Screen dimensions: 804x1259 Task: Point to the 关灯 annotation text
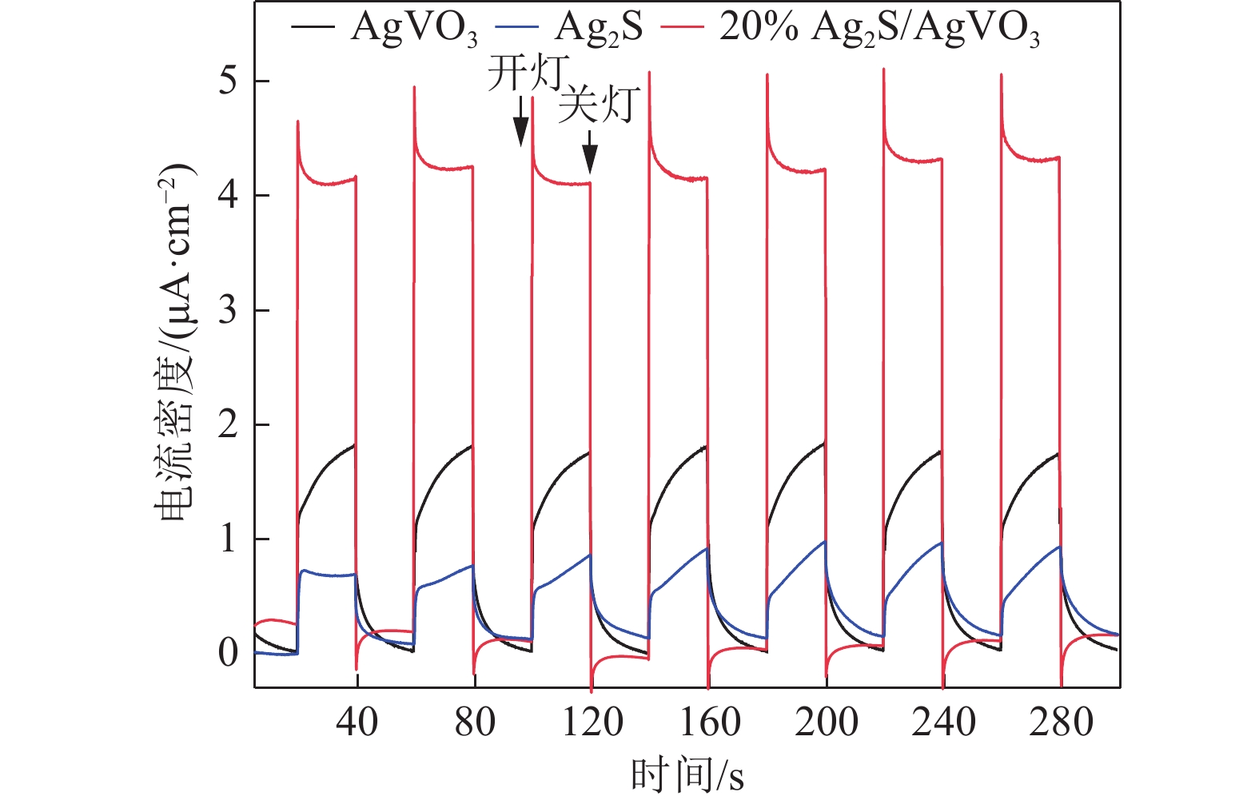599,105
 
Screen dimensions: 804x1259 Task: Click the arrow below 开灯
520,121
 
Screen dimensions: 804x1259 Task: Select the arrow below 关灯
590,152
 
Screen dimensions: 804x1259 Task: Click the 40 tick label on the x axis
357,722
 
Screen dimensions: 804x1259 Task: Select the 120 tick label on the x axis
592,722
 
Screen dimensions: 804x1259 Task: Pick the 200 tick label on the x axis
826,722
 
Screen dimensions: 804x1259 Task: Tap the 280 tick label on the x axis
1061,722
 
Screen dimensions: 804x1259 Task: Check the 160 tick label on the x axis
709,722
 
